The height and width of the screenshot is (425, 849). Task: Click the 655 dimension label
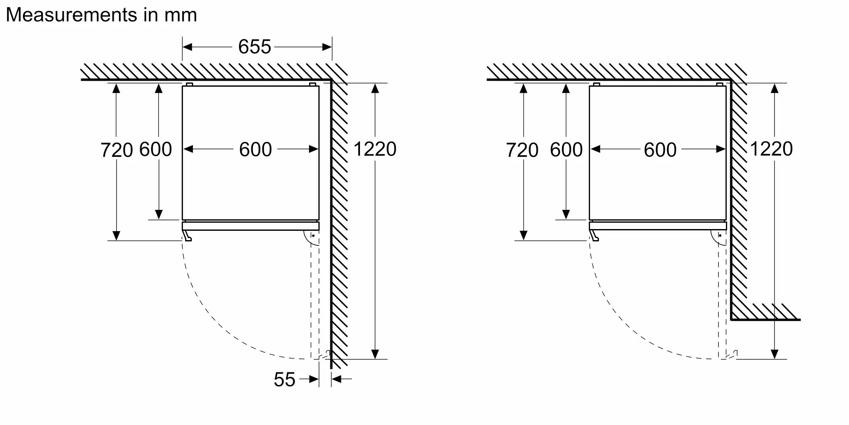tap(254, 47)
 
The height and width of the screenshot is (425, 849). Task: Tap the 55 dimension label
tap(284, 380)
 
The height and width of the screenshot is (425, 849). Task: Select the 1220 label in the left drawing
tap(375, 149)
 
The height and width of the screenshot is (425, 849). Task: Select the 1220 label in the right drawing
tap(771, 149)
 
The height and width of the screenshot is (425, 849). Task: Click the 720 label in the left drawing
tap(117, 150)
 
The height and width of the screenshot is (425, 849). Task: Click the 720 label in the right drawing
tap(522, 150)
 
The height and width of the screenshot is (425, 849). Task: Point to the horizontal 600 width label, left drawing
tap(255, 150)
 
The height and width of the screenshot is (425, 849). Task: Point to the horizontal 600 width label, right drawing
tap(660, 150)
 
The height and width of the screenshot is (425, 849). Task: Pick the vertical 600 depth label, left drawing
tap(155, 149)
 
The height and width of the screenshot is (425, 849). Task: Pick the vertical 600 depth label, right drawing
tap(566, 150)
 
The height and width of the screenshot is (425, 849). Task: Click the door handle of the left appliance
tap(187, 235)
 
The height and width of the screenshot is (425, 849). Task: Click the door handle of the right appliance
tap(594, 235)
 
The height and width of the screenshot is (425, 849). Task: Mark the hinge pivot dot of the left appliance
tap(313, 235)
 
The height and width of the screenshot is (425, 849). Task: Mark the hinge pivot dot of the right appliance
tap(720, 235)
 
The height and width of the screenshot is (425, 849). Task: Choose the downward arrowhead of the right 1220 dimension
tap(775, 354)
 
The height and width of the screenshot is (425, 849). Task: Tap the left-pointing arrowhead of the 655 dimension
tap(188, 47)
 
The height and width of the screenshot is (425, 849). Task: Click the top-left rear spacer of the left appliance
tap(189, 85)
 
